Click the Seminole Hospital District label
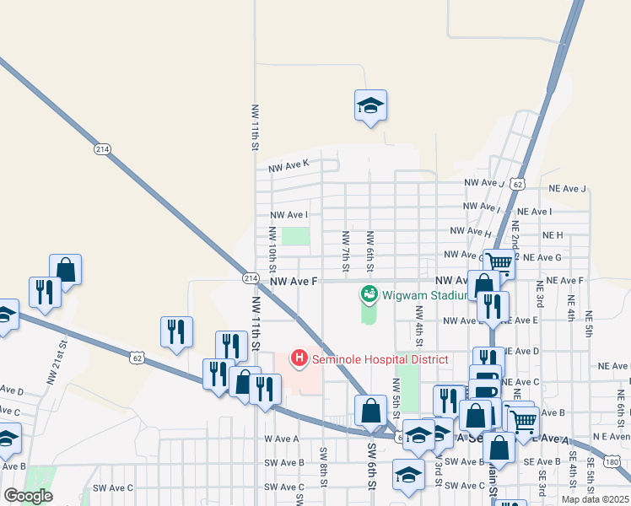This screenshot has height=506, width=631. (x=380, y=359)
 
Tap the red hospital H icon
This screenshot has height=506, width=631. (x=299, y=359)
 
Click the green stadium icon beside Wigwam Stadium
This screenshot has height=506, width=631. (x=369, y=294)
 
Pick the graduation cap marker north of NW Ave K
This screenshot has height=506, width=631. (x=370, y=105)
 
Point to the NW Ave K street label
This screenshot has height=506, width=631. (x=289, y=168)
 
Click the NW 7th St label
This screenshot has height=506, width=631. (x=346, y=245)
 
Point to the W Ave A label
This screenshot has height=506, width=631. (x=282, y=439)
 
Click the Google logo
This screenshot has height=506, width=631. (x=28, y=496)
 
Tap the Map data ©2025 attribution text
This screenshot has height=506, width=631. (x=595, y=499)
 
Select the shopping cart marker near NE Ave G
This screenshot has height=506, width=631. (x=500, y=263)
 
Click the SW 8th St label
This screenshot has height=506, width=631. (x=323, y=465)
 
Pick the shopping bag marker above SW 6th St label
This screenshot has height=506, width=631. (x=370, y=412)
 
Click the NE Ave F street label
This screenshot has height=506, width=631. (x=564, y=280)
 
